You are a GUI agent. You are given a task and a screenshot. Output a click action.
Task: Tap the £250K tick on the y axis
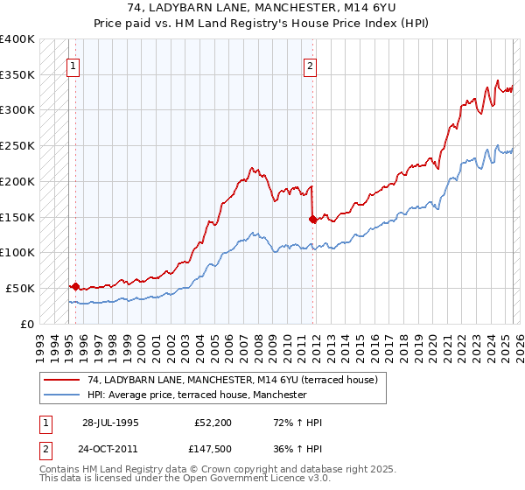pos(17,145)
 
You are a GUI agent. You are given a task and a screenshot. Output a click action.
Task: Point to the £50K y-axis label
pos(20,288)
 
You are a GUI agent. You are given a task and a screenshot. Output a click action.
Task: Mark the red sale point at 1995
pos(76,286)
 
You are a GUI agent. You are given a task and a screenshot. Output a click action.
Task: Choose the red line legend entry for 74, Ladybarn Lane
pos(232,380)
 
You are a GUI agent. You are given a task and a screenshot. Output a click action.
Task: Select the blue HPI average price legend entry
pos(197,395)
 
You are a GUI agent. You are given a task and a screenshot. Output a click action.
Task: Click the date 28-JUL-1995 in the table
pos(110,423)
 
